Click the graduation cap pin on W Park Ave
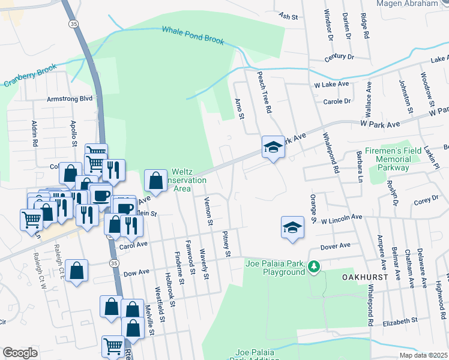[273, 146]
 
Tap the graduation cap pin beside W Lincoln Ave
[292, 227]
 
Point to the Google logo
[20, 353]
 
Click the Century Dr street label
[339, 57]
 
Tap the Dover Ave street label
[336, 246]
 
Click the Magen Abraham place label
[407, 4]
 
